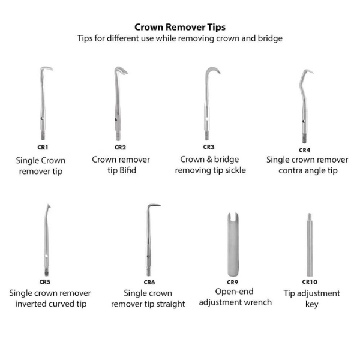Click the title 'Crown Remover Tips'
click(x=180, y=28)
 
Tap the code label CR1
click(x=43, y=147)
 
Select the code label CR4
click(x=304, y=150)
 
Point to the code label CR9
click(x=232, y=282)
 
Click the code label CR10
click(x=310, y=282)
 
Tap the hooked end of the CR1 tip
click(x=47, y=68)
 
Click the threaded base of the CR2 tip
click(x=118, y=136)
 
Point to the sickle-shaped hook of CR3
click(x=211, y=70)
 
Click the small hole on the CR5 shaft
click(x=46, y=256)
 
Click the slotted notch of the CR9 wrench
click(x=233, y=217)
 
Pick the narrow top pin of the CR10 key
click(x=310, y=217)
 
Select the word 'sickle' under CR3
click(x=236, y=170)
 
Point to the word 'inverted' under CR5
click(x=31, y=304)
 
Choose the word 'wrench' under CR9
click(x=259, y=302)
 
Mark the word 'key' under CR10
click(x=312, y=304)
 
